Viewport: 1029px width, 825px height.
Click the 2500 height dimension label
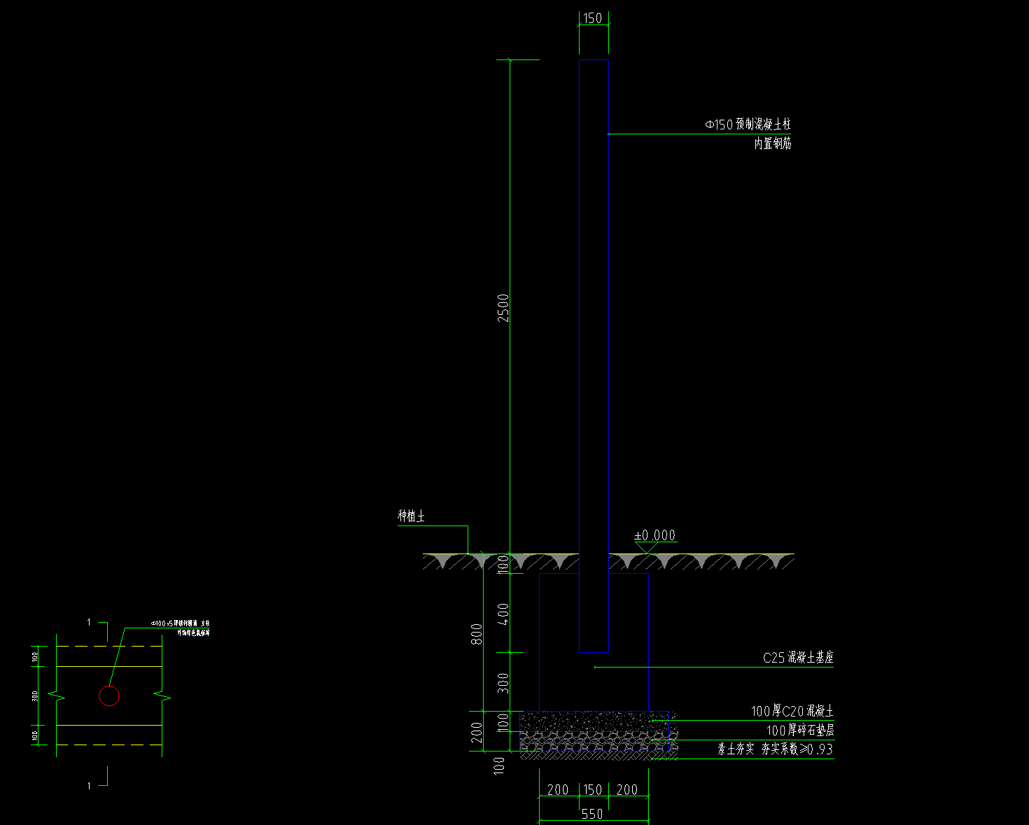503,307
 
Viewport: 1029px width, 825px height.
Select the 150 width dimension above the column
592,18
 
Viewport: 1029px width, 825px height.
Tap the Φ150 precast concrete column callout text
748,125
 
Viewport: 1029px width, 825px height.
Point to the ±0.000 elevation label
654,535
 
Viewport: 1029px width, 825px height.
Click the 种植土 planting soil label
411,516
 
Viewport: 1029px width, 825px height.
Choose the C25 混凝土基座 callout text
798,658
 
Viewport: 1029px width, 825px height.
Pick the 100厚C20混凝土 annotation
792,711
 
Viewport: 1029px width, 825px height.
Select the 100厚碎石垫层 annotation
799,731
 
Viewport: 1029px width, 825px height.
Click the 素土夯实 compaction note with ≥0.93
775,749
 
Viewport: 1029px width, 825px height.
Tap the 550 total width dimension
592,814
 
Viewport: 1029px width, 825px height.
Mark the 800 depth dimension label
477,634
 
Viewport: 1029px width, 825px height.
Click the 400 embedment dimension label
503,614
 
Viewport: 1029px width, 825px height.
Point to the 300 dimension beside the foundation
503,682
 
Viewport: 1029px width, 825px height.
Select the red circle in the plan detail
109,696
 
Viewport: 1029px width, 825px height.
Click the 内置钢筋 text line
773,143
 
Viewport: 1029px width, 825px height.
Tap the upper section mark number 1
89,622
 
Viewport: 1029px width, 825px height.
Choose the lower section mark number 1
89,786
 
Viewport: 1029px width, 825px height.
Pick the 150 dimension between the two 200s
592,790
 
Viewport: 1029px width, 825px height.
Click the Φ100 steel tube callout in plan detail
181,623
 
